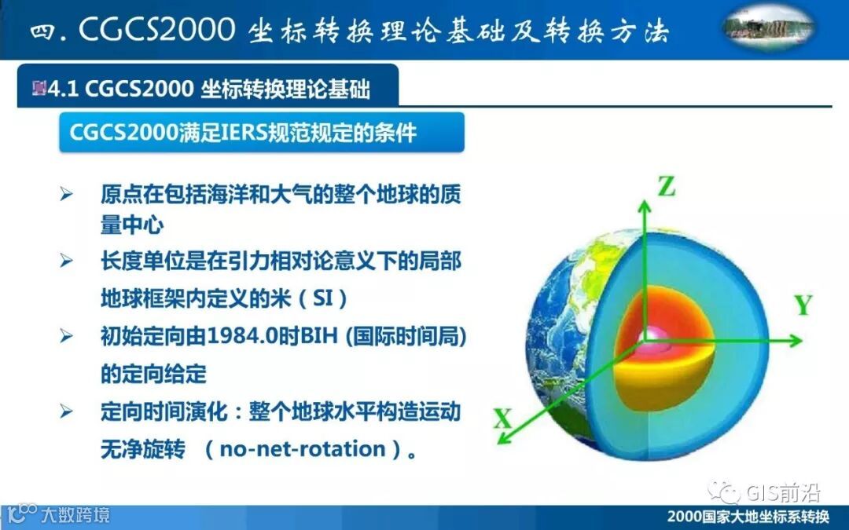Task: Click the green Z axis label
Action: point(667,186)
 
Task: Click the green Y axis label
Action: point(803,305)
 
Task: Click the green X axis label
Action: point(502,419)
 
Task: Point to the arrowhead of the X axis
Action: point(505,437)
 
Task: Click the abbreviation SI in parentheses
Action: point(323,298)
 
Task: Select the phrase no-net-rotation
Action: point(302,449)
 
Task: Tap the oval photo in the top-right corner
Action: point(769,27)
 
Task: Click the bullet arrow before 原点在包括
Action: point(66,194)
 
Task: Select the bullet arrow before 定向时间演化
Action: point(66,411)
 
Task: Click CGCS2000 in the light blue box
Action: point(124,133)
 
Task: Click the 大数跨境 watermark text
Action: point(75,514)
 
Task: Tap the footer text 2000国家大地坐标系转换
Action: point(748,516)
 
